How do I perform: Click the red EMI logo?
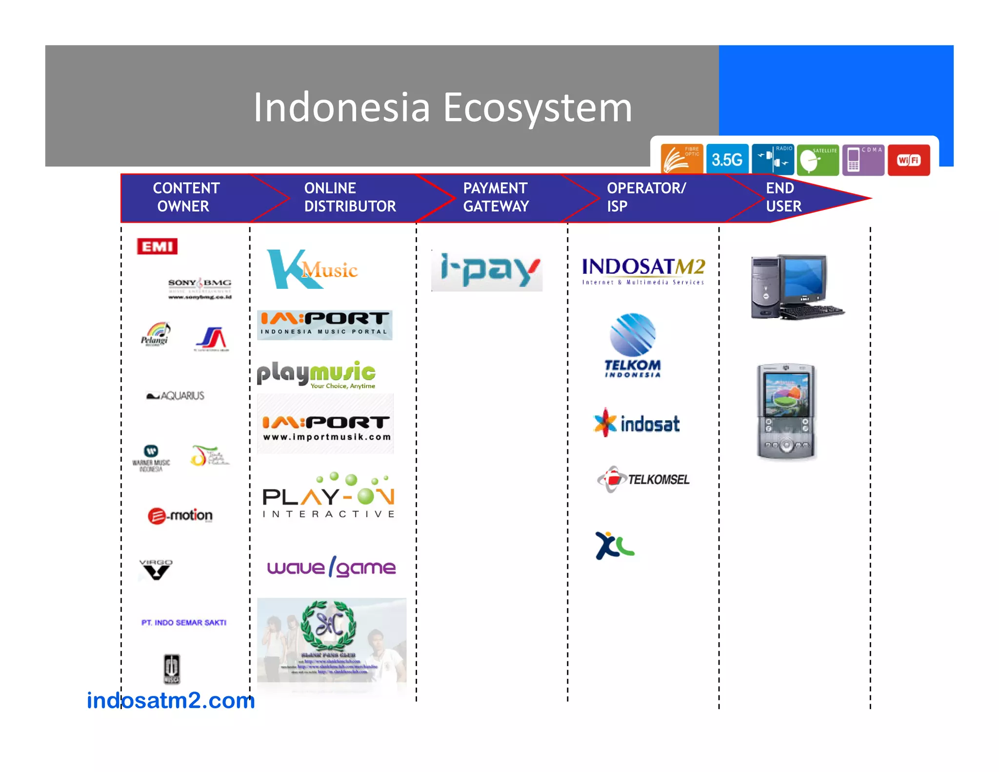pyautogui.click(x=157, y=246)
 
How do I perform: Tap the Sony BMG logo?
pyautogui.click(x=200, y=288)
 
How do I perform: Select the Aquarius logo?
pyautogui.click(x=176, y=395)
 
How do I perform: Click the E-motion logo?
pyautogui.click(x=180, y=515)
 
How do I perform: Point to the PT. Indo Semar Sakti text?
pyautogui.click(x=184, y=623)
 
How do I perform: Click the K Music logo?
pyautogui.click(x=312, y=270)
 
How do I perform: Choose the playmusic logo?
pyautogui.click(x=317, y=375)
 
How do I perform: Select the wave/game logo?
pyautogui.click(x=331, y=567)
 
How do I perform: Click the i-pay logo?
pyautogui.click(x=487, y=270)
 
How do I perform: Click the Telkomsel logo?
pyautogui.click(x=643, y=479)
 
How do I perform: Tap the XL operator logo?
pyautogui.click(x=614, y=545)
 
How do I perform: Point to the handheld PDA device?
pyautogui.click(x=786, y=411)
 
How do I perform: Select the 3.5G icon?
pyautogui.click(x=727, y=159)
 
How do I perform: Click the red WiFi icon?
pyautogui.click(x=909, y=160)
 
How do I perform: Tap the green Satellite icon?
pyautogui.click(x=818, y=160)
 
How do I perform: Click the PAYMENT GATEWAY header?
pyautogui.click(x=496, y=197)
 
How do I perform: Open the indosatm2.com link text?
pyautogui.click(x=171, y=700)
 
